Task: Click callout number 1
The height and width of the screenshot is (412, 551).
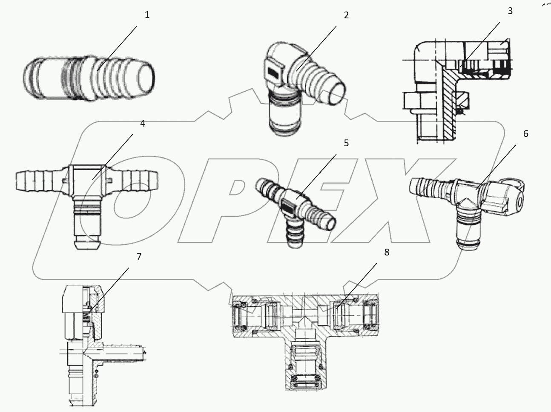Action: point(147,15)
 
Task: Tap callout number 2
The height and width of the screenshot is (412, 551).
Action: point(346,15)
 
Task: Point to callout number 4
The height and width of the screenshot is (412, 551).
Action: point(143,124)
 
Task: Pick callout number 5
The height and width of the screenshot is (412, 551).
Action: point(346,143)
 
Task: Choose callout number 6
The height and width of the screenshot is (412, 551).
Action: point(525,134)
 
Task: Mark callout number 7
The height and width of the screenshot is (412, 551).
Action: point(139,256)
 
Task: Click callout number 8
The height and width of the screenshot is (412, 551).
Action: point(386,252)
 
